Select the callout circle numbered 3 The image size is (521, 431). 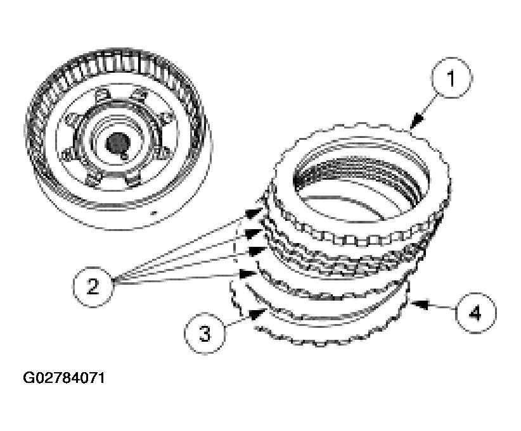click(x=205, y=334)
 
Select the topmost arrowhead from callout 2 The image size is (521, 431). click(x=259, y=209)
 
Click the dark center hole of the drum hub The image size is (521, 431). click(x=117, y=143)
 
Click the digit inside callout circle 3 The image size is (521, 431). click(x=205, y=334)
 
